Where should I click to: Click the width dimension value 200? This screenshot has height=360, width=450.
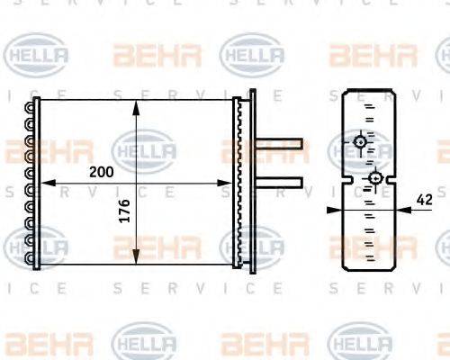[101, 171]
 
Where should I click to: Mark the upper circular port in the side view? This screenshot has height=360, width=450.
[360, 142]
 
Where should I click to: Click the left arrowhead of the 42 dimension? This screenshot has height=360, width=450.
[330, 209]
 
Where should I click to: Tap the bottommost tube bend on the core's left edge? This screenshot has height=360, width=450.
[33, 259]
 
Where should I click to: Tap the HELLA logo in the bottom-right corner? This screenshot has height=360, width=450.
[358, 344]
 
